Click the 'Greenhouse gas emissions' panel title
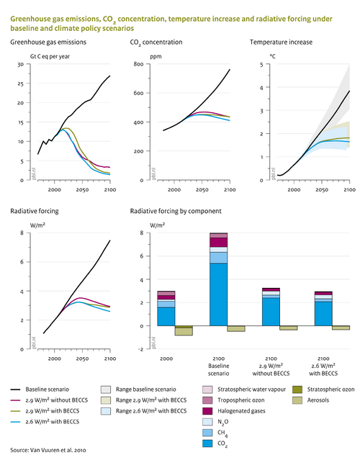point(51,42)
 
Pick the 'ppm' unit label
point(136,55)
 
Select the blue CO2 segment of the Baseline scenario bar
point(218,294)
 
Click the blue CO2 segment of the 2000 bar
point(166,316)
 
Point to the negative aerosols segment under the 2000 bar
point(184,332)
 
